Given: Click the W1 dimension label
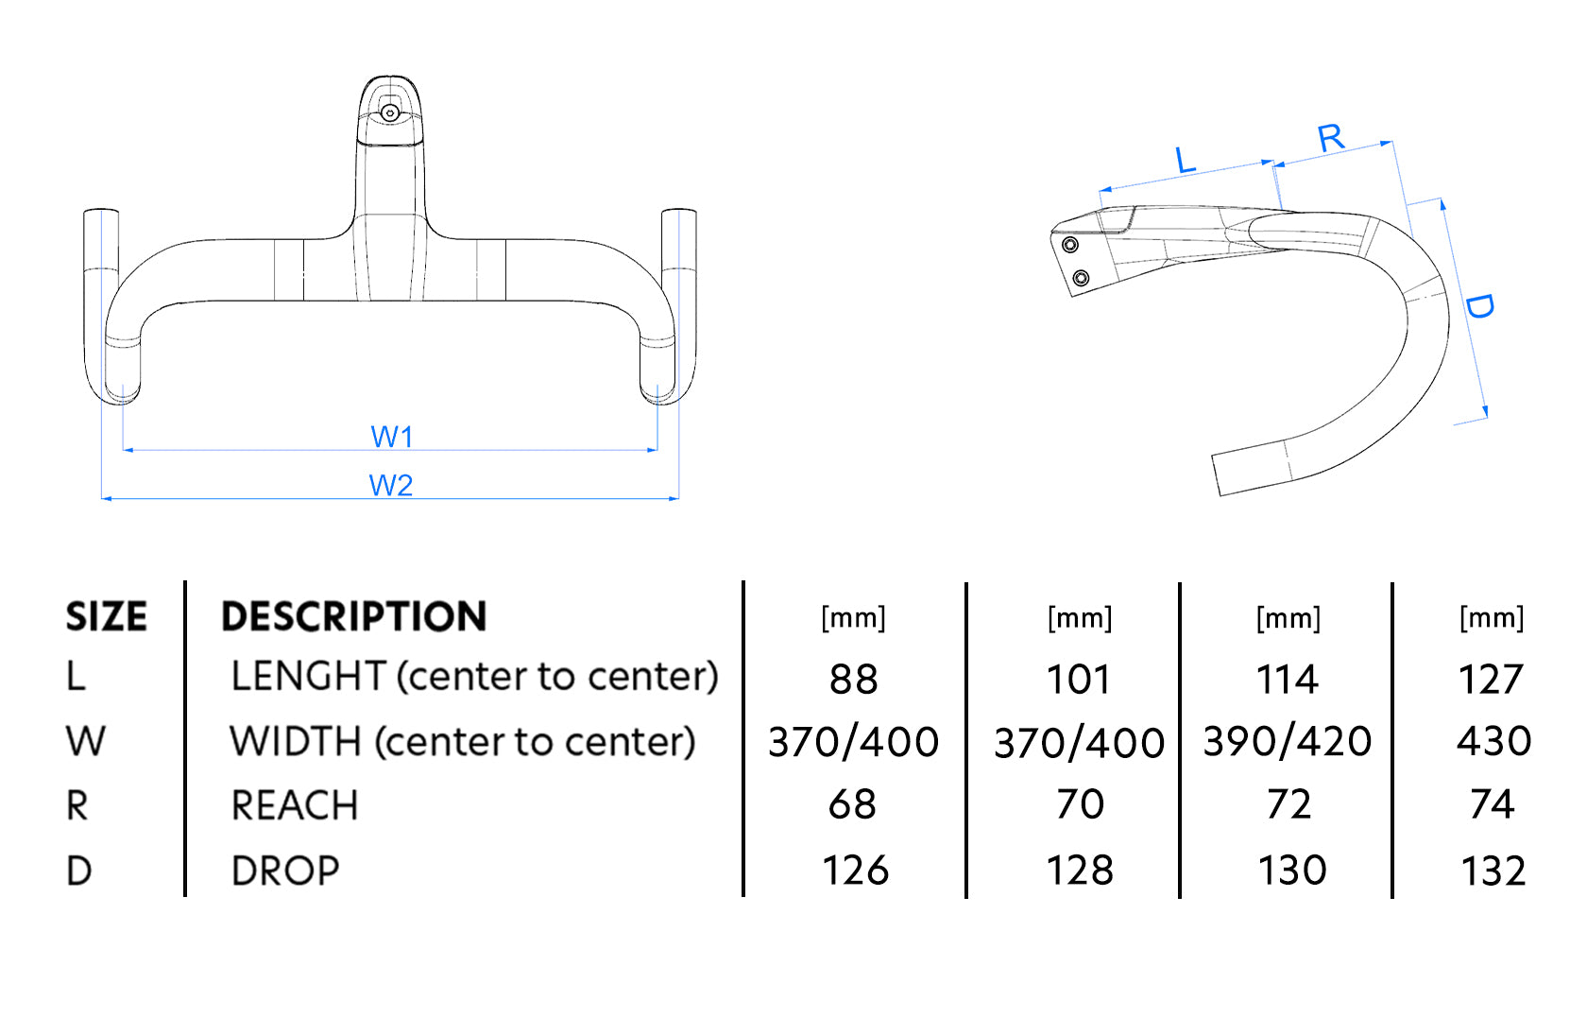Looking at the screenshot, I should click(x=392, y=437).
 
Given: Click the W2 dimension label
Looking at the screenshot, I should click(x=391, y=485).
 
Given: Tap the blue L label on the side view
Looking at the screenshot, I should click(x=1186, y=160).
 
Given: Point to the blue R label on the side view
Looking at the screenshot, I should click(x=1331, y=138).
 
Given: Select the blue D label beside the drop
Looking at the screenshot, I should click(x=1479, y=305).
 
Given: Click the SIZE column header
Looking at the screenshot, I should click(x=106, y=616).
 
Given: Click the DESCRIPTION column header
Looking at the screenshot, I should click(x=354, y=616).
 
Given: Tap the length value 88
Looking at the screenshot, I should click(x=854, y=679).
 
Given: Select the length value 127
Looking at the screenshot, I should click(x=1491, y=679).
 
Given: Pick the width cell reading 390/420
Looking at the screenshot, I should click(x=1287, y=742).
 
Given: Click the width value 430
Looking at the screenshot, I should click(x=1493, y=742).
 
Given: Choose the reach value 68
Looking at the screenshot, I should click(x=852, y=804).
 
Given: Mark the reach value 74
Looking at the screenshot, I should click(x=1493, y=804).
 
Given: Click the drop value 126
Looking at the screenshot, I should click(x=855, y=871).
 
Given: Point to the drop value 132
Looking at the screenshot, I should click(x=1493, y=871).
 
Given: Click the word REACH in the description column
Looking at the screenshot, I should click(x=295, y=806).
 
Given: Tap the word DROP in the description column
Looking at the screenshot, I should click(x=285, y=871).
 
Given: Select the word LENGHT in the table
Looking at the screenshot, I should click(x=308, y=677).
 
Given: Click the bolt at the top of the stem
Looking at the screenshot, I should click(x=389, y=113).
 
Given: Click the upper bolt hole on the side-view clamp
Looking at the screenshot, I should click(x=1070, y=246).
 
